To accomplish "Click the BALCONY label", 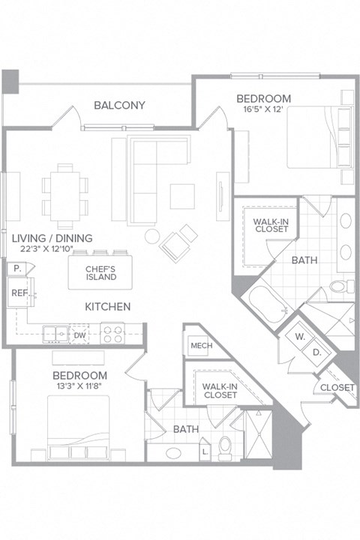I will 119,105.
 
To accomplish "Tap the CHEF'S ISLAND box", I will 100,272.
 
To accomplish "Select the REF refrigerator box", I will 18,293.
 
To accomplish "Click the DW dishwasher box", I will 79,336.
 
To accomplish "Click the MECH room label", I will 199,346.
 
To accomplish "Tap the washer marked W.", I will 299,337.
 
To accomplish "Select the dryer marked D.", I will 316,351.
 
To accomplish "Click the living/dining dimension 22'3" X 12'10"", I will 52,251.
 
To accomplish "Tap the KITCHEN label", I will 107,307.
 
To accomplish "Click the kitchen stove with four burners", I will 112,333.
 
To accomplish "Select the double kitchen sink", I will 55,333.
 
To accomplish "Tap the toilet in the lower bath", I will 224,447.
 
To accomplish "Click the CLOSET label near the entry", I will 337,387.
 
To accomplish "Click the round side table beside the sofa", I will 152,236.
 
